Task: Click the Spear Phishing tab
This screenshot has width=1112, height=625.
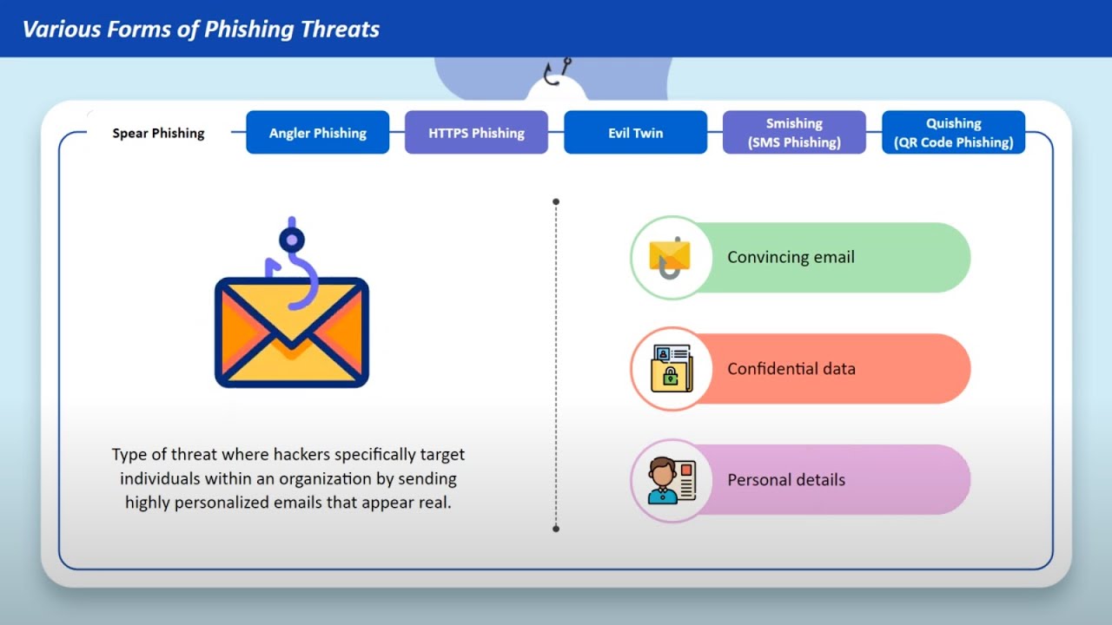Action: click(158, 133)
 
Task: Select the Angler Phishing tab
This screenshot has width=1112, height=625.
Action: click(317, 133)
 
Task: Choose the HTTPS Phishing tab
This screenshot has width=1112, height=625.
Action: click(476, 133)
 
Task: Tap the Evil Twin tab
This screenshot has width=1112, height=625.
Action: click(635, 133)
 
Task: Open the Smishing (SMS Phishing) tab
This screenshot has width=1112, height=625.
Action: click(794, 133)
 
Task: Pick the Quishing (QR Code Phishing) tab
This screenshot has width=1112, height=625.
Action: click(953, 133)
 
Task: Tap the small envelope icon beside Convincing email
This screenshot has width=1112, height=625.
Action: click(669, 257)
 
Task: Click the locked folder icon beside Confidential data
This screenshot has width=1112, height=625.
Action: click(670, 369)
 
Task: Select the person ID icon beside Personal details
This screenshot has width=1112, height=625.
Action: click(670, 480)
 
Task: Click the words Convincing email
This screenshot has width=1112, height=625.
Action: click(791, 257)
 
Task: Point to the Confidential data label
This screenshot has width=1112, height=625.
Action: click(791, 369)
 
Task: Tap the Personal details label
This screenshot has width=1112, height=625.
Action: click(785, 480)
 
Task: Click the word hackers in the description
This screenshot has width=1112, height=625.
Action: click(303, 454)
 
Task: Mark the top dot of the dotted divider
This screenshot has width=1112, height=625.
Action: click(556, 201)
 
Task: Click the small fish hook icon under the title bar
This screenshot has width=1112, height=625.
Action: click(554, 73)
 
